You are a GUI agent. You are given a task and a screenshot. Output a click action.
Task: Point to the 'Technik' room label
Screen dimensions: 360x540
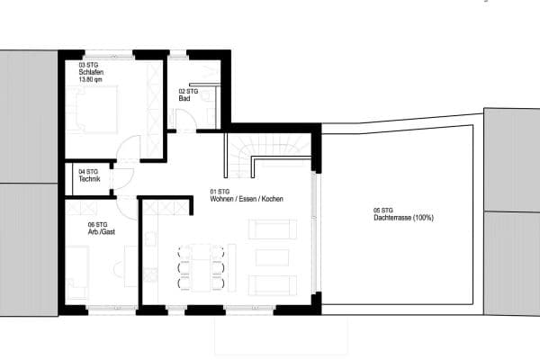pos(90,178)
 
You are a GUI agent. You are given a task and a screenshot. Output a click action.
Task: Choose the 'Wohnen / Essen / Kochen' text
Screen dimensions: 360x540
pos(247,197)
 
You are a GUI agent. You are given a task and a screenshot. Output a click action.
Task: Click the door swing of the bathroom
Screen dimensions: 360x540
pos(184,121)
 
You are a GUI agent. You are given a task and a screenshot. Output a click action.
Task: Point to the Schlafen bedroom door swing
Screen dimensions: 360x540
pos(129,148)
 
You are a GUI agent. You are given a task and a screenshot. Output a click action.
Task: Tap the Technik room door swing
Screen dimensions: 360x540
pos(122,179)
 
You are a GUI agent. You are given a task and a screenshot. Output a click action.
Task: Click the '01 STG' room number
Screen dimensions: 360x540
pos(220,191)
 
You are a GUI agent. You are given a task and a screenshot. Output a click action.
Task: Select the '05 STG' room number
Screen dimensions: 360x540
pos(383,211)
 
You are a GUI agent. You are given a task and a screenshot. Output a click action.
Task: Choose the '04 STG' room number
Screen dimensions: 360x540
pos(88,171)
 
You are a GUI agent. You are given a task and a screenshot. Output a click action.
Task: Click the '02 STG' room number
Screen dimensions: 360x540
pos(187,91)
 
